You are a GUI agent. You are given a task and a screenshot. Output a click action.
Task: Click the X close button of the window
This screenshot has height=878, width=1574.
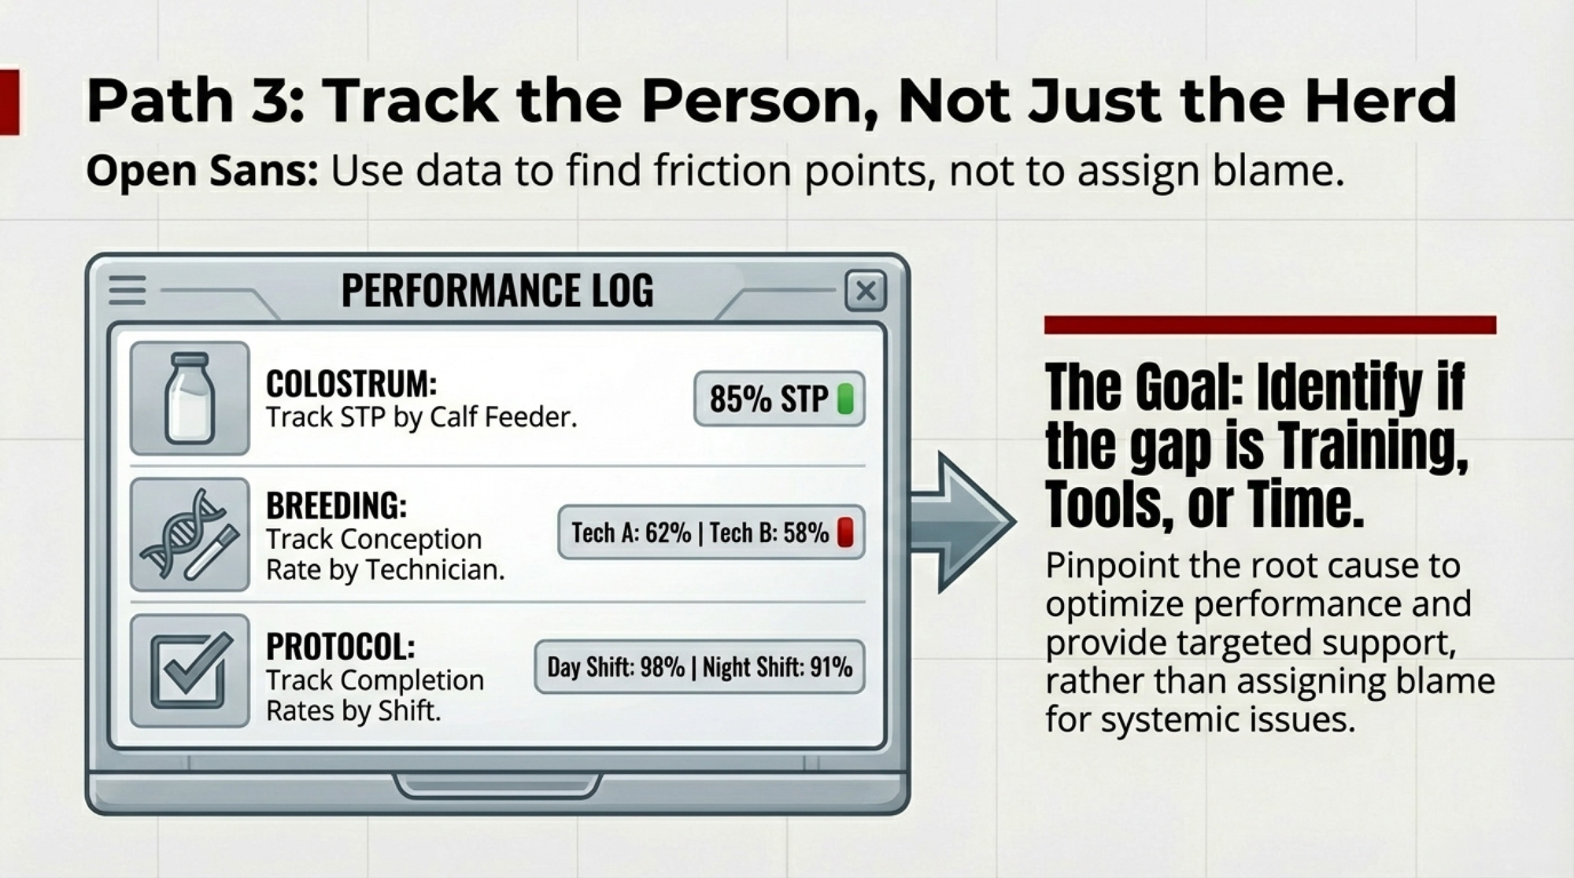(865, 291)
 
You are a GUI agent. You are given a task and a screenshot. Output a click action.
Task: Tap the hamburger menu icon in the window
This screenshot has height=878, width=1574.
(127, 290)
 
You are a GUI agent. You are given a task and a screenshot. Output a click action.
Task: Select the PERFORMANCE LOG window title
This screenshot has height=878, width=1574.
(497, 290)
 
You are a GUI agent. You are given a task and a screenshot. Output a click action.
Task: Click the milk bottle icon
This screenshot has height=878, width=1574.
(190, 398)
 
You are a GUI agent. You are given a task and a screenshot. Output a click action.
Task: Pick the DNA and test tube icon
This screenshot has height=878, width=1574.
(190, 534)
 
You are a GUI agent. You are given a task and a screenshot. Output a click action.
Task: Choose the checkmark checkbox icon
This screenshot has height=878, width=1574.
(190, 670)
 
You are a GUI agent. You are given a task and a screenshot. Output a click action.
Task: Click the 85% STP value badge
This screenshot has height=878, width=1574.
(779, 399)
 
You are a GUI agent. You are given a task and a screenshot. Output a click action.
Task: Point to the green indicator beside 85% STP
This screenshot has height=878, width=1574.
(845, 399)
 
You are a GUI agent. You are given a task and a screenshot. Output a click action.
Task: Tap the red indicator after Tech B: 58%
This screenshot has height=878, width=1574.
(845, 532)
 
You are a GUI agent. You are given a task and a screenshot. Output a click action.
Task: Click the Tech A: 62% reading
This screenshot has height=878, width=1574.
(631, 533)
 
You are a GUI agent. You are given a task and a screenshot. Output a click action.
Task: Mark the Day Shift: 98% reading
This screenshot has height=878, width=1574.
(616, 667)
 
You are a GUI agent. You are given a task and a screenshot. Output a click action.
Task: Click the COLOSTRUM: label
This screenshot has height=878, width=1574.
(351, 385)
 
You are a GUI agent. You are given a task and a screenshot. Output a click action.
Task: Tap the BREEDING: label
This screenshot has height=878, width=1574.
(337, 506)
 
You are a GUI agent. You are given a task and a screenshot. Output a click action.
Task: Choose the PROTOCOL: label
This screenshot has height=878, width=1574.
(341, 647)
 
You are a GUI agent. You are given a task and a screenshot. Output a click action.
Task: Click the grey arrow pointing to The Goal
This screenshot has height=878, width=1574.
(962, 522)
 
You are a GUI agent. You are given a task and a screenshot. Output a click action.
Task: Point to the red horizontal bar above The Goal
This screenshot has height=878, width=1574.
(1270, 325)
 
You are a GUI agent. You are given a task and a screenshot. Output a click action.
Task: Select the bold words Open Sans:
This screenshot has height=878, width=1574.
(202, 171)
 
